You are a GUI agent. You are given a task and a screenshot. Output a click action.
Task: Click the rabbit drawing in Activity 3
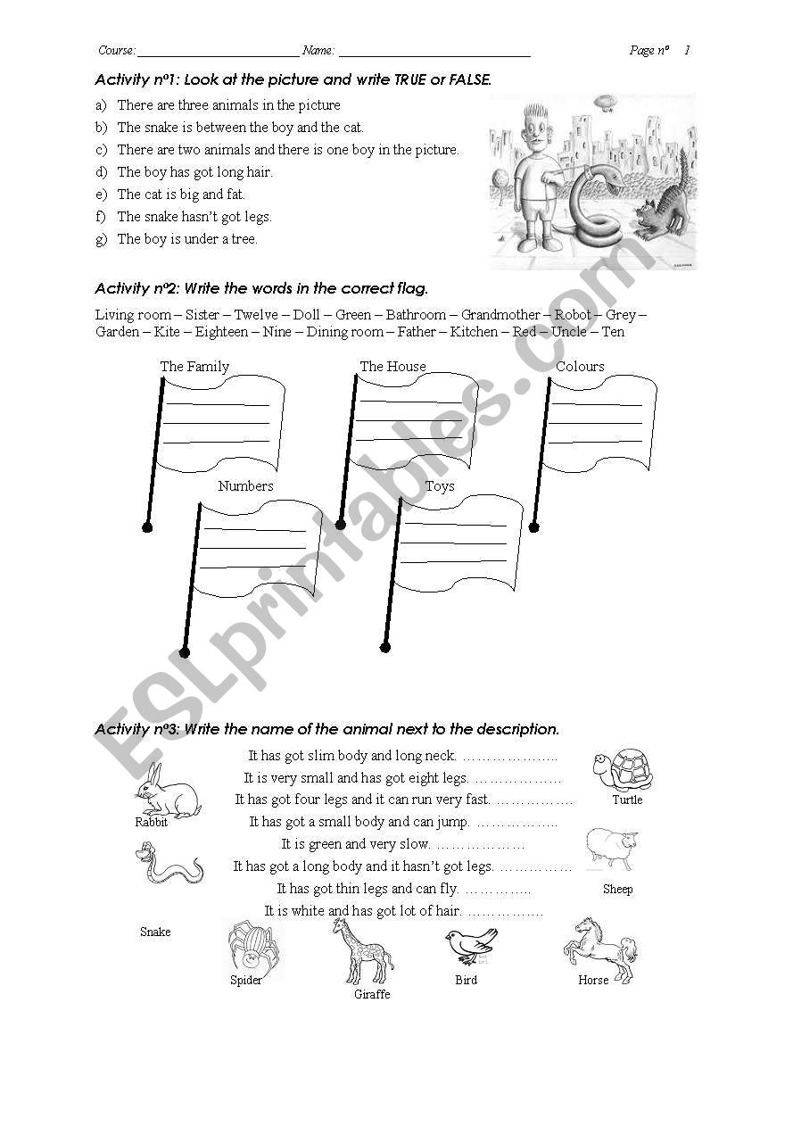click(168, 791)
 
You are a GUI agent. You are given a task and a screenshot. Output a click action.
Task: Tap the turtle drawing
click(622, 769)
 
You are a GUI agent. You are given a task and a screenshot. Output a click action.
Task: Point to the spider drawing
click(248, 948)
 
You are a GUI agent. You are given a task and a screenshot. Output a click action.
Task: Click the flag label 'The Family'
click(194, 367)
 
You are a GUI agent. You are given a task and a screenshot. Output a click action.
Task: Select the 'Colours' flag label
click(580, 367)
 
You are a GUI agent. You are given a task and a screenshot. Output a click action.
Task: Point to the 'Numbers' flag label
click(245, 486)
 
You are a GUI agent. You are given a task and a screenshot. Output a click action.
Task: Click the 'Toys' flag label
click(440, 486)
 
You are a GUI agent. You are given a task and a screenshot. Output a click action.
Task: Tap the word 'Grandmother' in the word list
click(500, 315)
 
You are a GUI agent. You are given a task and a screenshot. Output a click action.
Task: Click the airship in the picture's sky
click(605, 102)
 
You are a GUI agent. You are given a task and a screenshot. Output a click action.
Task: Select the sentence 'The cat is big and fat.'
click(181, 195)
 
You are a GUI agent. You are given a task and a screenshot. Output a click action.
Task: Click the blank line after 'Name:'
click(434, 52)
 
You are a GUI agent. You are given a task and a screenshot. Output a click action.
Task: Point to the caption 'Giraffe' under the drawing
click(372, 994)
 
